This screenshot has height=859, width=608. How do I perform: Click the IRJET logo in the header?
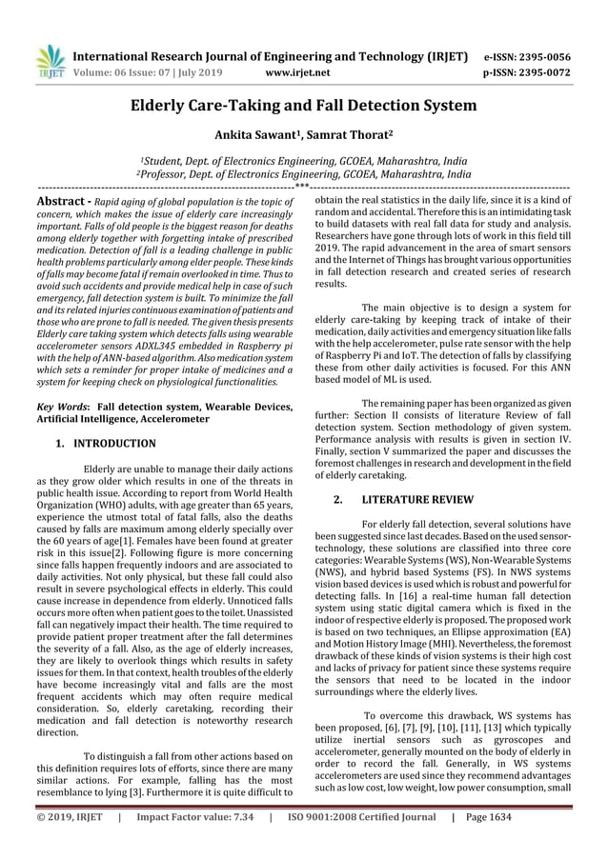tap(49, 62)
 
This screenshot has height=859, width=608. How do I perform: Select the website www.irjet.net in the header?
tap(299, 71)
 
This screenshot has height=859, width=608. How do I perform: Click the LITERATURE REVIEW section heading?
tap(412, 499)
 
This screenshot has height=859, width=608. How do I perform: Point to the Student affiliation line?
tap(304, 161)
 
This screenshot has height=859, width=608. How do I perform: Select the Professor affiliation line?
tap(304, 175)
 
